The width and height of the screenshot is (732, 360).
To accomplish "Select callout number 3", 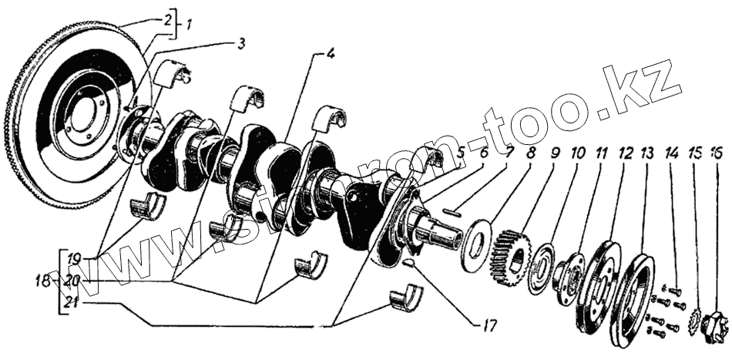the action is tap(241, 44).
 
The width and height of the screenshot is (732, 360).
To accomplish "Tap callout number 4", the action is tap(329, 55).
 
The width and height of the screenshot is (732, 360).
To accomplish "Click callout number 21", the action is tap(73, 302).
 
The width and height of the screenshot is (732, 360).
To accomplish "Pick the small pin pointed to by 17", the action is tap(409, 262).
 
